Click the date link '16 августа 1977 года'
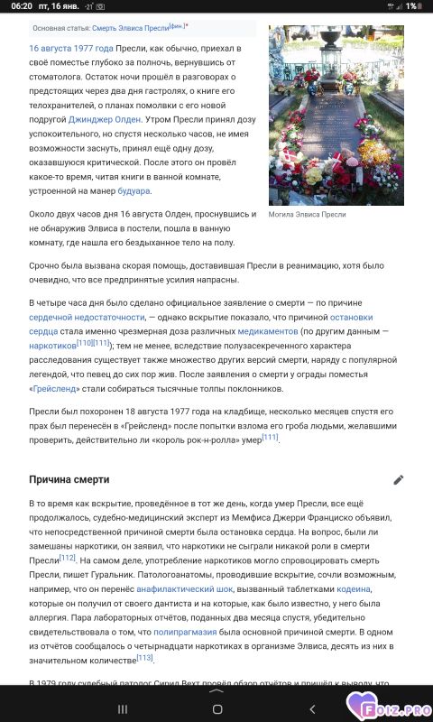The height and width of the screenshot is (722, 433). [71, 48]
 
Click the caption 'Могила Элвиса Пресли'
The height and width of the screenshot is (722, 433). [307, 215]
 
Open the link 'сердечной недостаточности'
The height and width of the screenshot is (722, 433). [87, 317]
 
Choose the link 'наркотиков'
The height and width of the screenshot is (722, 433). [52, 346]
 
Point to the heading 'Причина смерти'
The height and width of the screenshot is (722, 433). [69, 479]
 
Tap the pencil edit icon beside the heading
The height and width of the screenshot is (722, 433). [399, 479]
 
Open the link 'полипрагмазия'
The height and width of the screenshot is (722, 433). [187, 632]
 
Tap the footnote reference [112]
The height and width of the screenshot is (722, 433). [68, 558]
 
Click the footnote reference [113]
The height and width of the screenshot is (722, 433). [144, 658]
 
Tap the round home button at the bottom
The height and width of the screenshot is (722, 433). [216, 708]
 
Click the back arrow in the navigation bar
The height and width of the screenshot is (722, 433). [311, 708]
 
